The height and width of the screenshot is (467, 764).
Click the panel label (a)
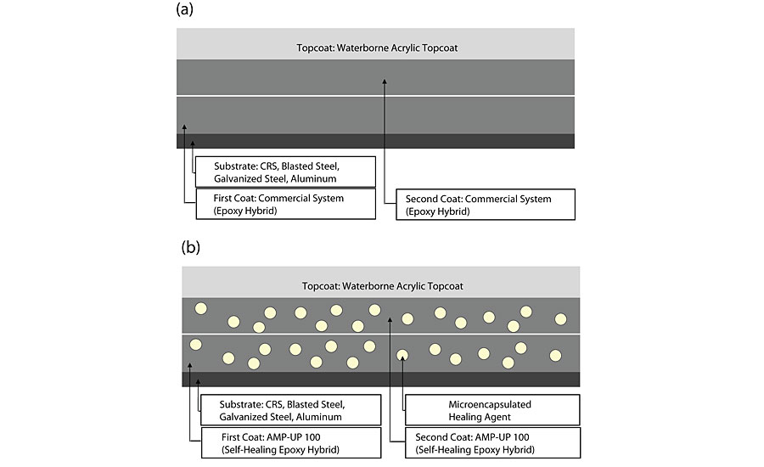tap(186, 10)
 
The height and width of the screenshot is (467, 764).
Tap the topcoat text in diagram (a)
tap(376, 48)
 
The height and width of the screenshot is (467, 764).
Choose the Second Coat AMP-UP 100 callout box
tap(485, 442)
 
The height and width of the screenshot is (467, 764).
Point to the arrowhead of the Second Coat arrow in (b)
tap(389, 320)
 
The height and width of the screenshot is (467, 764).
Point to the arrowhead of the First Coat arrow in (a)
tap(184, 125)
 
